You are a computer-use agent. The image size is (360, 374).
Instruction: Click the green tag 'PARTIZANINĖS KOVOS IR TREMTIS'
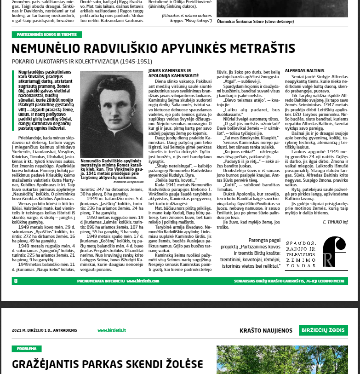[46, 35]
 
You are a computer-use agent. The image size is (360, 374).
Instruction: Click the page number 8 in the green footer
[16, 280]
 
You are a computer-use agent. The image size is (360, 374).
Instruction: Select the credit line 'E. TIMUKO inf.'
[335, 222]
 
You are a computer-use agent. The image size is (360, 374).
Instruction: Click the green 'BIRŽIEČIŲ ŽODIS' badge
[324, 330]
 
